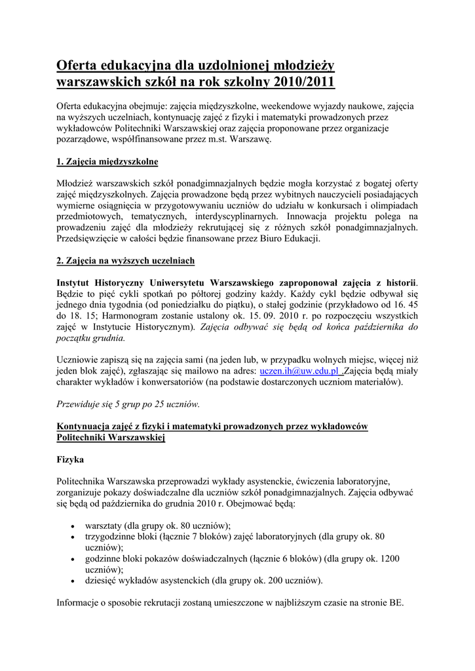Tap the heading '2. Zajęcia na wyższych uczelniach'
coord(125,261)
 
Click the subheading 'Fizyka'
coord(70,460)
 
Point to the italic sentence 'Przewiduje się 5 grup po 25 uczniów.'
coord(128,404)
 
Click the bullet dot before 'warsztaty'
coord(71,526)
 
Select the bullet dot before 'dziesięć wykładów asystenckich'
coord(71,581)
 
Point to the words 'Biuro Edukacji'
coord(287,239)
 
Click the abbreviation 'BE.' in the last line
coord(397,602)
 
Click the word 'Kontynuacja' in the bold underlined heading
coord(86,427)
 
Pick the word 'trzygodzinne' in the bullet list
coord(112,537)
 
